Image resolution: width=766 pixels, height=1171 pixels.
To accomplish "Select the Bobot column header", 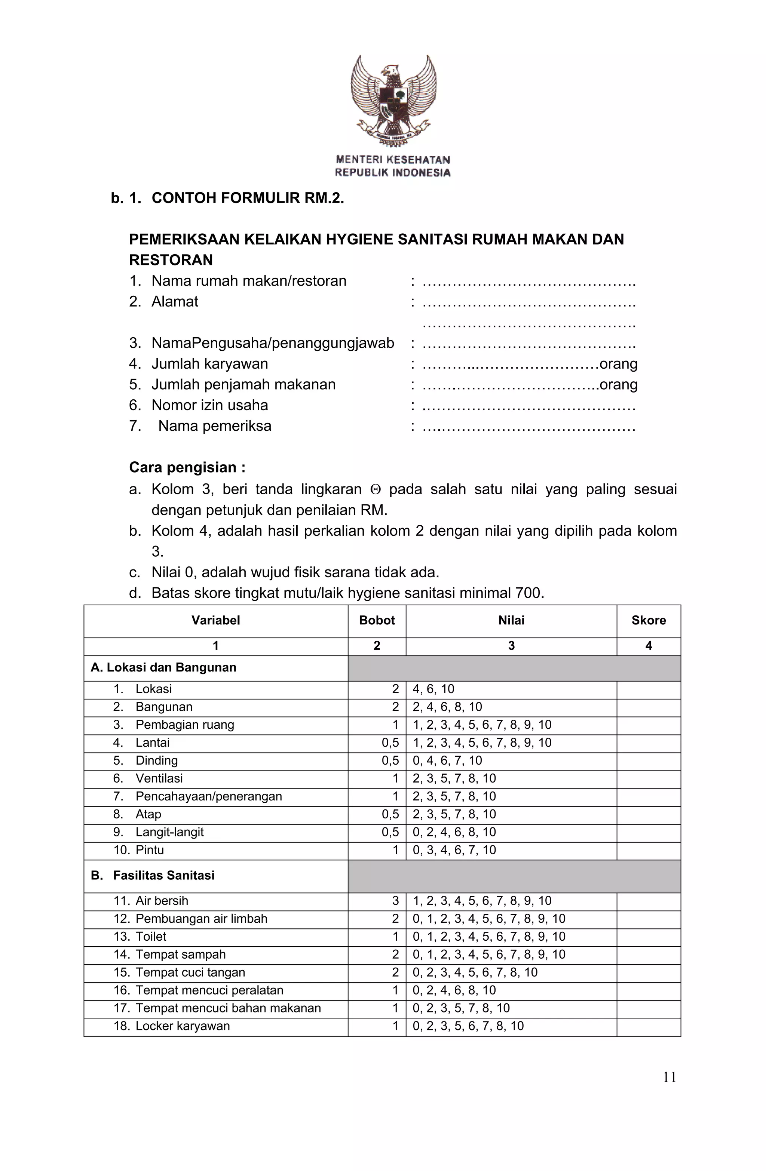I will pos(377,620).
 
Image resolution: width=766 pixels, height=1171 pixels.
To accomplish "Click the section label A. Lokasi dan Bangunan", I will pos(163,668).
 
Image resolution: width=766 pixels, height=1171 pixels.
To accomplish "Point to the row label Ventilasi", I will pos(159,778).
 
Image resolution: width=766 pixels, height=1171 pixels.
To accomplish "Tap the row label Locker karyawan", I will pos(183,1026).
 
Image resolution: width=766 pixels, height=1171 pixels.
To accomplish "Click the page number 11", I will pos(669,1078).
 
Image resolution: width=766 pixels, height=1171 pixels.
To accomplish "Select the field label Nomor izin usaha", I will pos(210,405).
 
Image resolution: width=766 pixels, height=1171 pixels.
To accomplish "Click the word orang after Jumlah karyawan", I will pos(618,364).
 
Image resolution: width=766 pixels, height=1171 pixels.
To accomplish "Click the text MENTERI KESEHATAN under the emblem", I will pos(393,160).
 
